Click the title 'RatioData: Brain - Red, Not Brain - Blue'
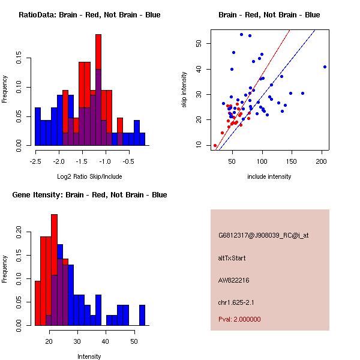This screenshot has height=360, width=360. [89, 14]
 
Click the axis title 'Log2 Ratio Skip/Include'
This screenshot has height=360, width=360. [89, 176]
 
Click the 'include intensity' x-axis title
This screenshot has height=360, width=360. [269, 176]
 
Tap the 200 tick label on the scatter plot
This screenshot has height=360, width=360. [322, 161]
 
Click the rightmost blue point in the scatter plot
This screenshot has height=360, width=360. [325, 67]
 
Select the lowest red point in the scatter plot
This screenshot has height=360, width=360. [215, 145]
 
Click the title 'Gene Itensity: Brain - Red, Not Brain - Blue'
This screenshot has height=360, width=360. [89, 194]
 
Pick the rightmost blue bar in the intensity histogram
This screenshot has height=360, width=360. [142, 315]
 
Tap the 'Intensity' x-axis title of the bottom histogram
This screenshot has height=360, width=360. [89, 356]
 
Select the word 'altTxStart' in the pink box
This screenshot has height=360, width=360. [232, 258]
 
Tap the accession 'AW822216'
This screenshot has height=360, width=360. [233, 280]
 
